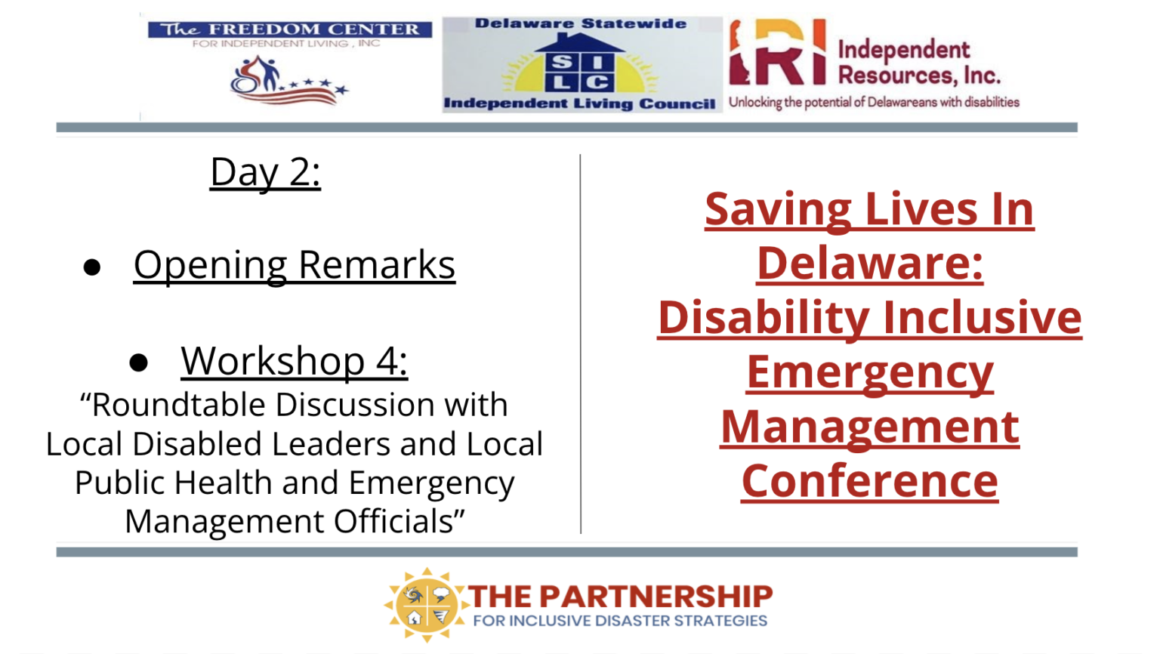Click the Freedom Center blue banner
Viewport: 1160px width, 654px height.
(290, 29)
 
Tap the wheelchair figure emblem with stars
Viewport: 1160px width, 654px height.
(289, 81)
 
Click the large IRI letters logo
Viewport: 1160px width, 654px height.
(777, 52)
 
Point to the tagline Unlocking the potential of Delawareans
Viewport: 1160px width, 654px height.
(874, 102)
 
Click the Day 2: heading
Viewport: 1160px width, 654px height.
(265, 172)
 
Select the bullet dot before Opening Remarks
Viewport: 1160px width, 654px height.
(92, 267)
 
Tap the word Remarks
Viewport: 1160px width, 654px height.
(377, 265)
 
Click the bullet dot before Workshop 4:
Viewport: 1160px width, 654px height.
(138, 362)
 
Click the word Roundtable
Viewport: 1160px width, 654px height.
(179, 405)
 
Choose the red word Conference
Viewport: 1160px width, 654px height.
(870, 481)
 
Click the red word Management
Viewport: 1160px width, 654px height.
(870, 427)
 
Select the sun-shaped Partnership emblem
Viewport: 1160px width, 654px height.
(426, 605)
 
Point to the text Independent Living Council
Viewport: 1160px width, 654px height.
(579, 103)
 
